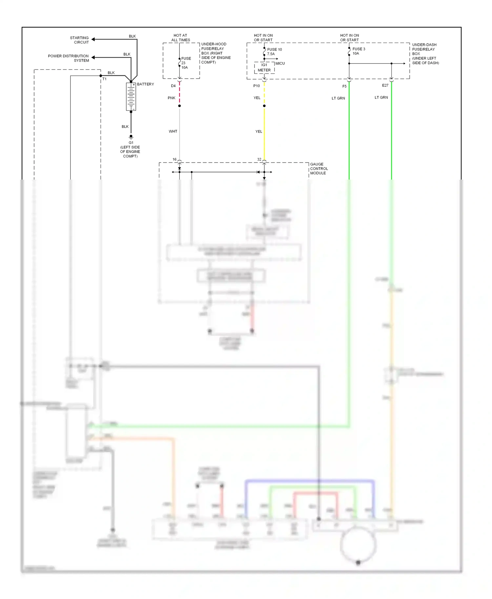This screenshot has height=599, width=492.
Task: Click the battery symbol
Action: [x=131, y=97]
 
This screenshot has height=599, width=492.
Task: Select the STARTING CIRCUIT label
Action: [x=79, y=40]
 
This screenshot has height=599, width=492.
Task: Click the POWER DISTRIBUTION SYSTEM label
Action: [x=68, y=58]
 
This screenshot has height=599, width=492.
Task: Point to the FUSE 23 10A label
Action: [x=185, y=63]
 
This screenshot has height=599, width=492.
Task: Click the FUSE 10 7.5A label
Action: [x=274, y=52]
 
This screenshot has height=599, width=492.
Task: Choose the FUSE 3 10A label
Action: [x=358, y=51]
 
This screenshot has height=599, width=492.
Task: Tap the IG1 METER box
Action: [x=264, y=68]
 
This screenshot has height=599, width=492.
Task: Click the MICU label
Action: [x=280, y=63]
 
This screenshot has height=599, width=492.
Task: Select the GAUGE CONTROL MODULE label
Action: [x=318, y=168]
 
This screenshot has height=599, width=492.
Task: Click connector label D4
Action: [x=173, y=86]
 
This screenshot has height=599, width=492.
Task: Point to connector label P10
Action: [x=256, y=86]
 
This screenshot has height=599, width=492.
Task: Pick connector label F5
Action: [x=344, y=87]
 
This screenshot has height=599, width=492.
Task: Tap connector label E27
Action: [x=385, y=86]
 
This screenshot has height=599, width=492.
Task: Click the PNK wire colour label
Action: [x=172, y=98]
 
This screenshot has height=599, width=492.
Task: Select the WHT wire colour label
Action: [x=173, y=131]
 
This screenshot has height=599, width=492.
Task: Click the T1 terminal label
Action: [x=104, y=79]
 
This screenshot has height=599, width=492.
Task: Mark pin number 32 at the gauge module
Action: [x=259, y=160]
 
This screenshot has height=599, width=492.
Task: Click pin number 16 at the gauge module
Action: [x=174, y=160]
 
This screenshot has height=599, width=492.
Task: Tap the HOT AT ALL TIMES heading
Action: [x=180, y=38]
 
